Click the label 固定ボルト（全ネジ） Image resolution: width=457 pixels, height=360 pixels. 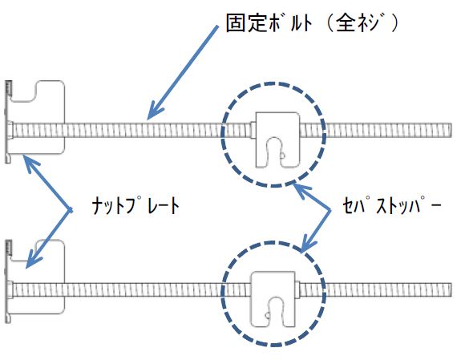tap(312, 23)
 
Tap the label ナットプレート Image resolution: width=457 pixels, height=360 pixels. tap(135, 205)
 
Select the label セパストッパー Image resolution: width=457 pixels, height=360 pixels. tap(392, 206)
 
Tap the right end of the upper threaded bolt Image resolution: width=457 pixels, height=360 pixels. tap(451, 131)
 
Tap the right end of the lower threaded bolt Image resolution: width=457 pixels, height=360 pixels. tap(451, 289)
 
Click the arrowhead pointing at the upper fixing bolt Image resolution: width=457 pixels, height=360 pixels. tap(154, 112)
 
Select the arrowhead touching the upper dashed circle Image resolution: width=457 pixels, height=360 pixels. tap(300, 189)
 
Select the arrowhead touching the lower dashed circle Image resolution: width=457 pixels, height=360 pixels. tap(307, 245)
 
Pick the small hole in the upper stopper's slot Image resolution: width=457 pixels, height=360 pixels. tap(282, 156)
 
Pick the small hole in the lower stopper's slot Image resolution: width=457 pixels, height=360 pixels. tap(267, 315)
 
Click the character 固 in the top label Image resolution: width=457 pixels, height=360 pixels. tap(235, 23)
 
